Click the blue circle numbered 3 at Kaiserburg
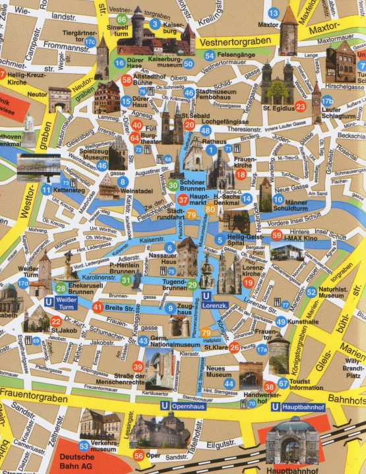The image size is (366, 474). pos(155,24)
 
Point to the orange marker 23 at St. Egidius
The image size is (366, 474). pos(301,107)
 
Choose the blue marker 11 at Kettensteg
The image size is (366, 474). pos(46,190)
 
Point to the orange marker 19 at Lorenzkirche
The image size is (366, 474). pos(249,283)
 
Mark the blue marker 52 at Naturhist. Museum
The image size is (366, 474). pos(311,292)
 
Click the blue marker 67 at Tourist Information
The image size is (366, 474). pos(283,383)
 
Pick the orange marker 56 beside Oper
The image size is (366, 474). pos(138,456)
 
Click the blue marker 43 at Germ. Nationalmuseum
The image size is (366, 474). pos(143,341)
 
